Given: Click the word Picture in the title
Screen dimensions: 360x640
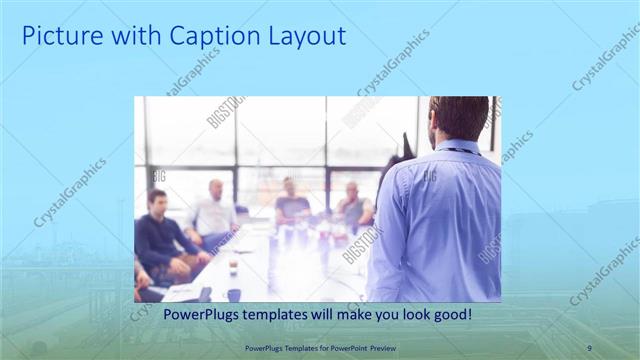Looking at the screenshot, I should (x=60, y=37).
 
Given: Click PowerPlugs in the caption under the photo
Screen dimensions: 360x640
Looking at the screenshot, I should (x=199, y=315).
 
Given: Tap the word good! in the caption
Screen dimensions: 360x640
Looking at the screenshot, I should (x=450, y=315).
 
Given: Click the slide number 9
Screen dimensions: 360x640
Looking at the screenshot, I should (x=589, y=347).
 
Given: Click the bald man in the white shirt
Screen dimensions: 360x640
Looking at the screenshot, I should (x=214, y=212).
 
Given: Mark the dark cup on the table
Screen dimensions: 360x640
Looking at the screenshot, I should (x=233, y=294).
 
